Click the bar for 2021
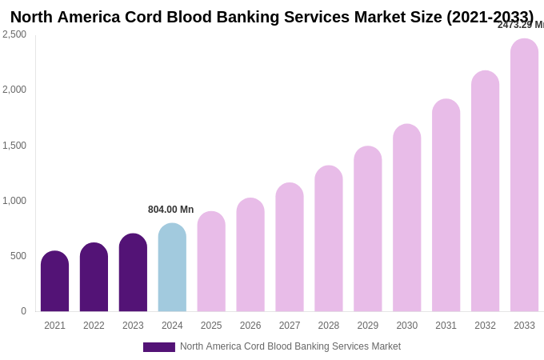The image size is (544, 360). click(54, 282)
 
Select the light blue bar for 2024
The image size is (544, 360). click(172, 268)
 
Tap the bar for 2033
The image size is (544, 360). click(524, 176)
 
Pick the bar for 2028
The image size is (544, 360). click(329, 239)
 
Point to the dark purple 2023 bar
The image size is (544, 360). click(133, 273)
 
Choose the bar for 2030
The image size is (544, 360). click(406, 218)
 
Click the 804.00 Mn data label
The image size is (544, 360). click(170, 210)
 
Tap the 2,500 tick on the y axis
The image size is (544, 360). click(14, 34)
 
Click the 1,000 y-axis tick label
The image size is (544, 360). click(14, 201)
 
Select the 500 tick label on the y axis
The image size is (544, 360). click(18, 256)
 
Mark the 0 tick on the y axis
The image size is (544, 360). click(23, 311)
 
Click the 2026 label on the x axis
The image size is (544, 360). click(250, 326)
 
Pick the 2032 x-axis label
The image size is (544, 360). click(485, 326)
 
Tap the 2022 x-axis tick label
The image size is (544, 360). click(94, 326)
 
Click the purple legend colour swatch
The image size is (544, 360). click(158, 347)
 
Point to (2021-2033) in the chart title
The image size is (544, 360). click(490, 17)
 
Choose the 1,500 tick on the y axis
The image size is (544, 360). click(14, 146)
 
